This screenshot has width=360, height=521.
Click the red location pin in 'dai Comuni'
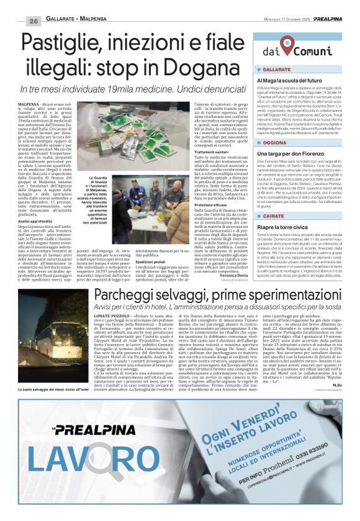[286, 47]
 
